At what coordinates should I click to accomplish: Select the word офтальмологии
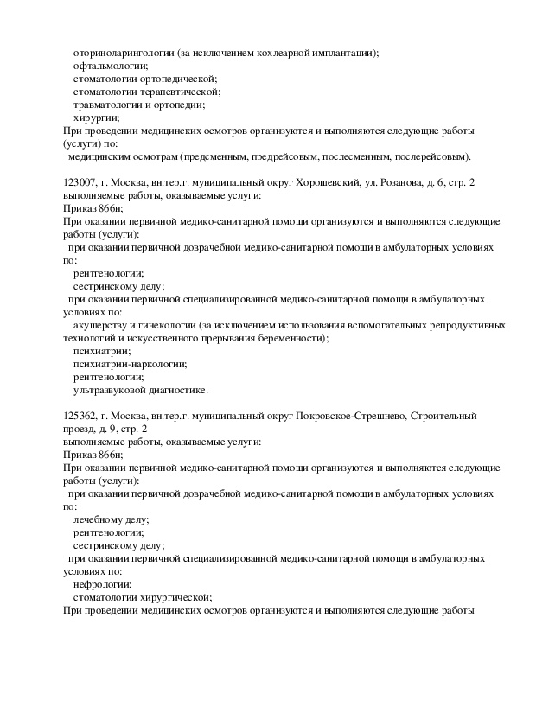tap(110, 66)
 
